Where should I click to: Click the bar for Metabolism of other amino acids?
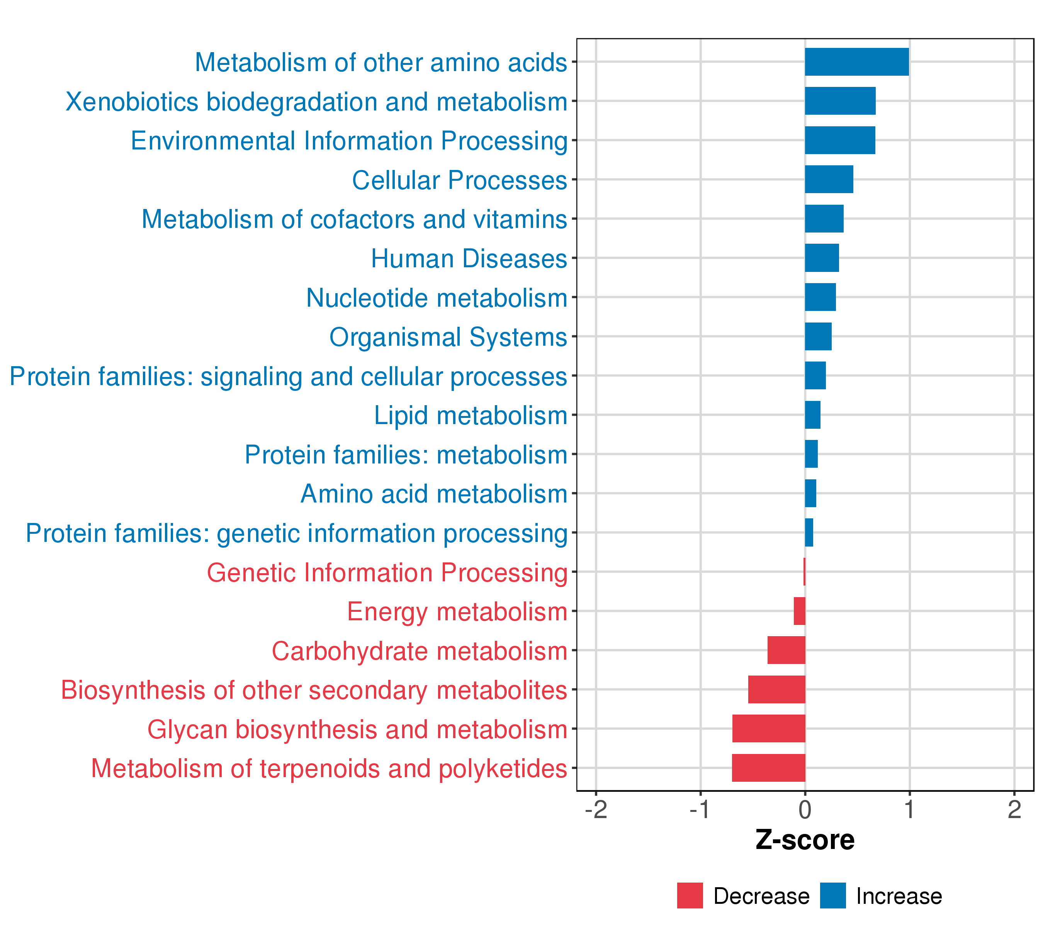(856, 62)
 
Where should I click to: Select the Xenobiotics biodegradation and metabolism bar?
(840, 101)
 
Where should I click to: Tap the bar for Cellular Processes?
(829, 179)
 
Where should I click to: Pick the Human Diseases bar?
(822, 258)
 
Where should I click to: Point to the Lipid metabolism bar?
(812, 415)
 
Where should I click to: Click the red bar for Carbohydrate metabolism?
(786, 650)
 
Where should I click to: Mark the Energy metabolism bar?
(800, 611)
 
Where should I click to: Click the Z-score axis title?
(805, 840)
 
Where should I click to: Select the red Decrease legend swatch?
(690, 896)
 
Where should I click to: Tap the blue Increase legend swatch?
(833, 896)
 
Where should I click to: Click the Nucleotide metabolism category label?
(436, 298)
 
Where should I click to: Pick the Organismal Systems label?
(448, 337)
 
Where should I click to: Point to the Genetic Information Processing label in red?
(387, 572)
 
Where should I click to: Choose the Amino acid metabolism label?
(434, 494)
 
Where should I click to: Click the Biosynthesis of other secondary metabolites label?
(314, 690)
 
